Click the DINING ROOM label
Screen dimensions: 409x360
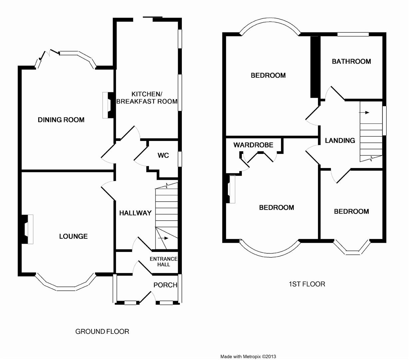click(x=61, y=120)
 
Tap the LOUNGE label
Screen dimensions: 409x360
click(x=74, y=236)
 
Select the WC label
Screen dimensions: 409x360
click(x=163, y=155)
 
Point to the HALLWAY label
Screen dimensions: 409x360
click(x=135, y=213)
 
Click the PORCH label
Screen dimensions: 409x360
click(x=165, y=285)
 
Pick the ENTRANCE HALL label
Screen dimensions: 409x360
click(x=164, y=262)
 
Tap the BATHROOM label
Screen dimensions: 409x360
click(x=351, y=61)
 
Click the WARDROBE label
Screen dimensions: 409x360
click(x=253, y=145)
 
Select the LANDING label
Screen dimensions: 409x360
click(x=340, y=140)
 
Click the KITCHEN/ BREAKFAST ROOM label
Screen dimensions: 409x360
click(x=147, y=98)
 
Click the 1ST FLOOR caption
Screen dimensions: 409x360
click(x=307, y=284)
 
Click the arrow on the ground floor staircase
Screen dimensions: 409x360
click(x=163, y=238)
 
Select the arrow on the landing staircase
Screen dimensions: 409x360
click(x=364, y=113)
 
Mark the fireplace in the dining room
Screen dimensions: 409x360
click(x=108, y=105)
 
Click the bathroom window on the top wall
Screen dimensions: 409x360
click(x=353, y=34)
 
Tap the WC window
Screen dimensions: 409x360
click(x=180, y=159)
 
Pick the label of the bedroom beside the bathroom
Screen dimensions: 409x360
click(x=268, y=75)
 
